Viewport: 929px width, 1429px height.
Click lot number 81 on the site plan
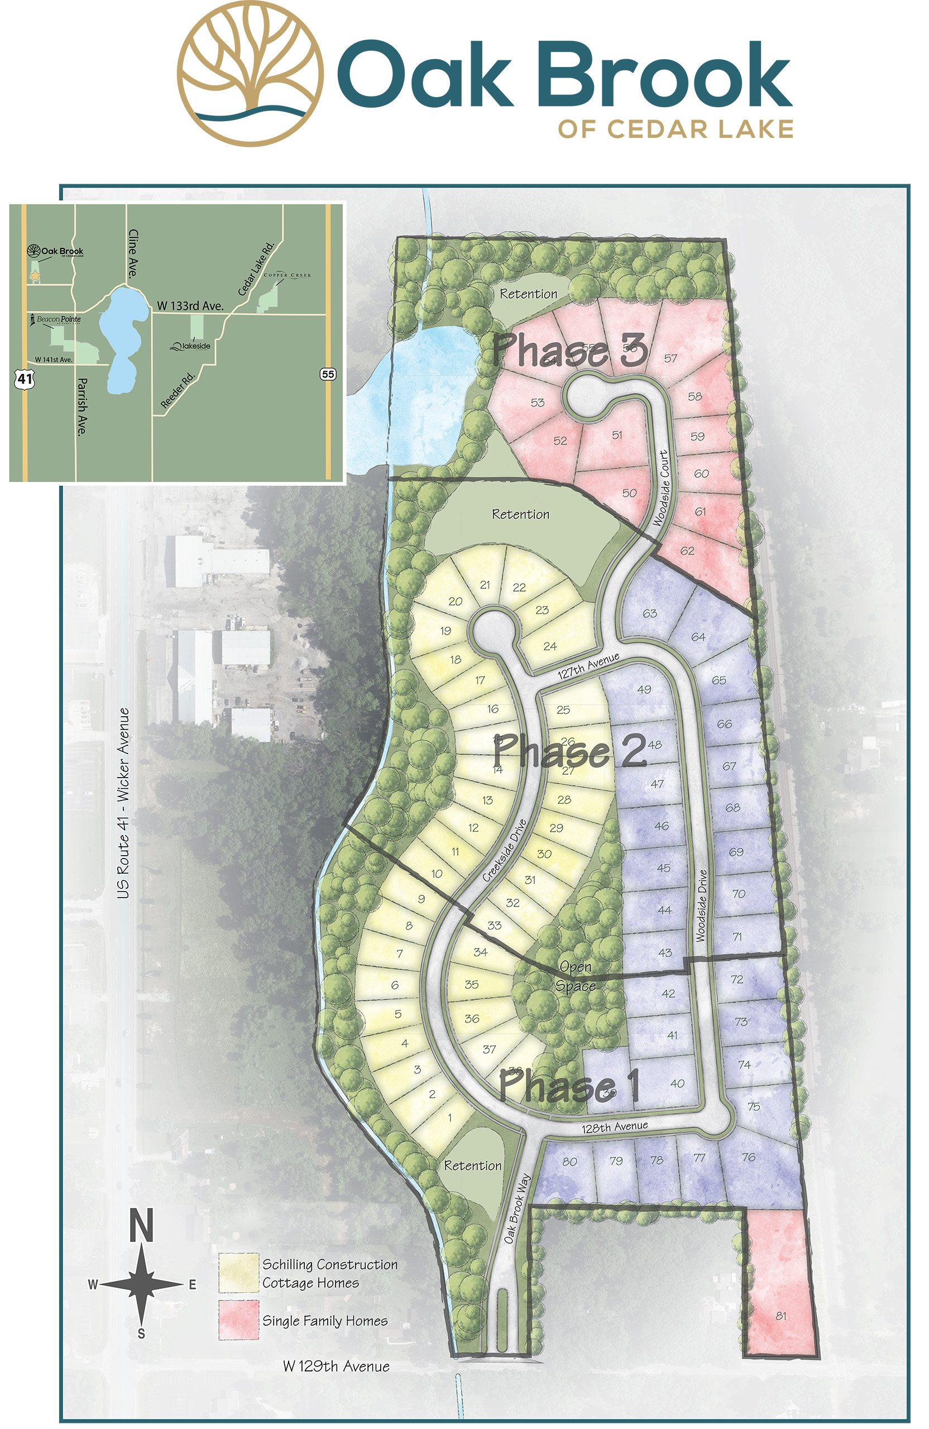pos(780,1316)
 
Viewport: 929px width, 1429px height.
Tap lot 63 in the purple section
pos(650,613)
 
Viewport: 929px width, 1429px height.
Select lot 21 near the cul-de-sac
pos(485,585)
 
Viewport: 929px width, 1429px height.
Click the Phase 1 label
pos(569,1085)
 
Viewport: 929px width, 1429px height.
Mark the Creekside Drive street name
pos(505,850)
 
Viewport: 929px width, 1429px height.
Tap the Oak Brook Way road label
pos(517,1209)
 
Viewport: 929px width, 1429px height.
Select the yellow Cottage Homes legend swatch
pos(238,1272)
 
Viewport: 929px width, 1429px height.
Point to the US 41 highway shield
pos(25,378)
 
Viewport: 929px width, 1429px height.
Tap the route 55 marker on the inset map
pos(327,374)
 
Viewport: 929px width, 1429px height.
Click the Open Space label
pos(575,976)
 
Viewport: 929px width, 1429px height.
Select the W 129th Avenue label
pos(336,1366)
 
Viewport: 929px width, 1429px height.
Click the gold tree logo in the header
pos(251,73)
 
